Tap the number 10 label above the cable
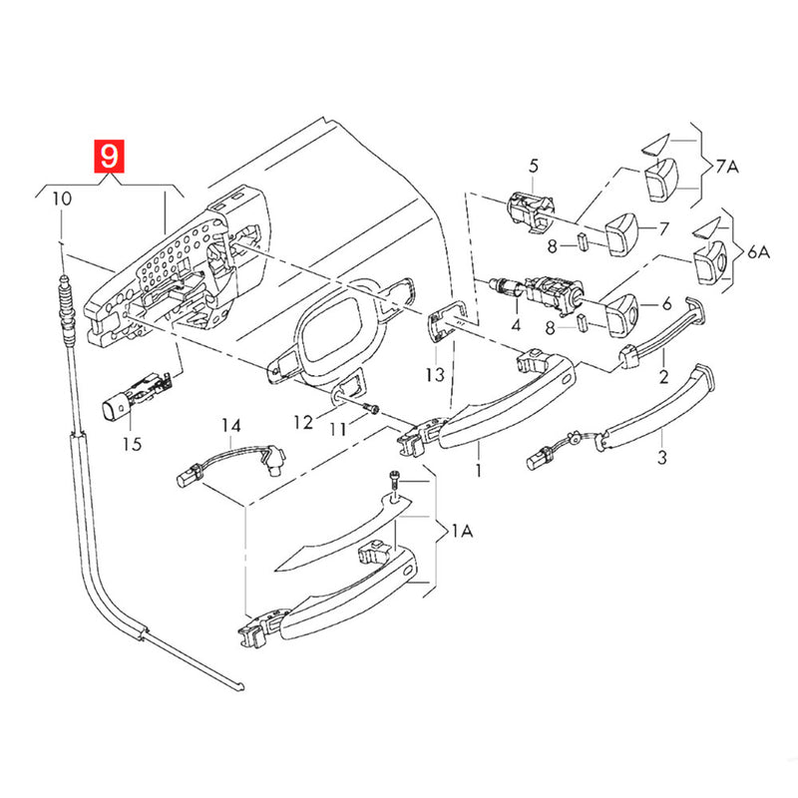[x=62, y=199]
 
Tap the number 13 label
[x=433, y=375]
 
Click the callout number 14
[x=231, y=426]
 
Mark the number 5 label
[x=533, y=165]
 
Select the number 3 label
[x=661, y=459]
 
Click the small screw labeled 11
[x=372, y=408]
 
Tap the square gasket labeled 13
[x=443, y=322]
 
